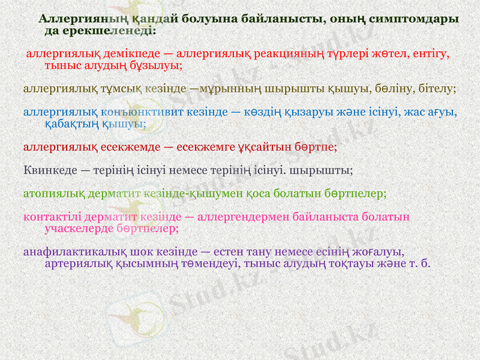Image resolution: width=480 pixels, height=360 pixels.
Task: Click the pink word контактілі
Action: click(x=50, y=217)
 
